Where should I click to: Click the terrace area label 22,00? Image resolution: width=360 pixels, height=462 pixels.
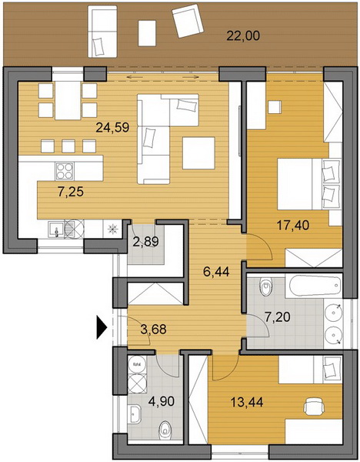pos(243,36)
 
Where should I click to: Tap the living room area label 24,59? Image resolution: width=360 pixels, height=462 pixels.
pos(112,128)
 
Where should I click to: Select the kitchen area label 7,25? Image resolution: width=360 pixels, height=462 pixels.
pos(71,192)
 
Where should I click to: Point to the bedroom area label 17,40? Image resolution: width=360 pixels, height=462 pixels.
pos(293,226)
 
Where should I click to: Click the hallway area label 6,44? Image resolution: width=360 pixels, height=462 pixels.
pos(216,271)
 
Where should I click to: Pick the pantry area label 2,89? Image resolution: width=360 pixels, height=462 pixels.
pos(145,242)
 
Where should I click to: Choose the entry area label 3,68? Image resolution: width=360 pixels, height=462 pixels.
pos(153,329)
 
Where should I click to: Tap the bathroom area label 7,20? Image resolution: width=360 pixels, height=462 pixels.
pos(277,317)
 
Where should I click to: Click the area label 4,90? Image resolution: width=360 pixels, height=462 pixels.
pos(162,401)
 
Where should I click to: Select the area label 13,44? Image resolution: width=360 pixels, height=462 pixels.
pos(247,402)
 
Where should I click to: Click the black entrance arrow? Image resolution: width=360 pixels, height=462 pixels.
pos(102,326)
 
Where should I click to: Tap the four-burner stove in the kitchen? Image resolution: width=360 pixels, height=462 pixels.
pos(65,171)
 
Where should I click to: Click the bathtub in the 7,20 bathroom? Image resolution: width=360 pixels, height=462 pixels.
pos(315,286)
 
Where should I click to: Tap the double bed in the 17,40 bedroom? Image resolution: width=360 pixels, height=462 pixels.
pos(309,184)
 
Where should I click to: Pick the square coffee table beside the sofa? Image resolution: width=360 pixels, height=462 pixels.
pos(198,153)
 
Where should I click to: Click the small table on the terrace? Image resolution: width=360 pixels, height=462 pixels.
pos(147,33)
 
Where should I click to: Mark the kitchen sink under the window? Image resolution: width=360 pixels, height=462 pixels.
pos(56,229)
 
